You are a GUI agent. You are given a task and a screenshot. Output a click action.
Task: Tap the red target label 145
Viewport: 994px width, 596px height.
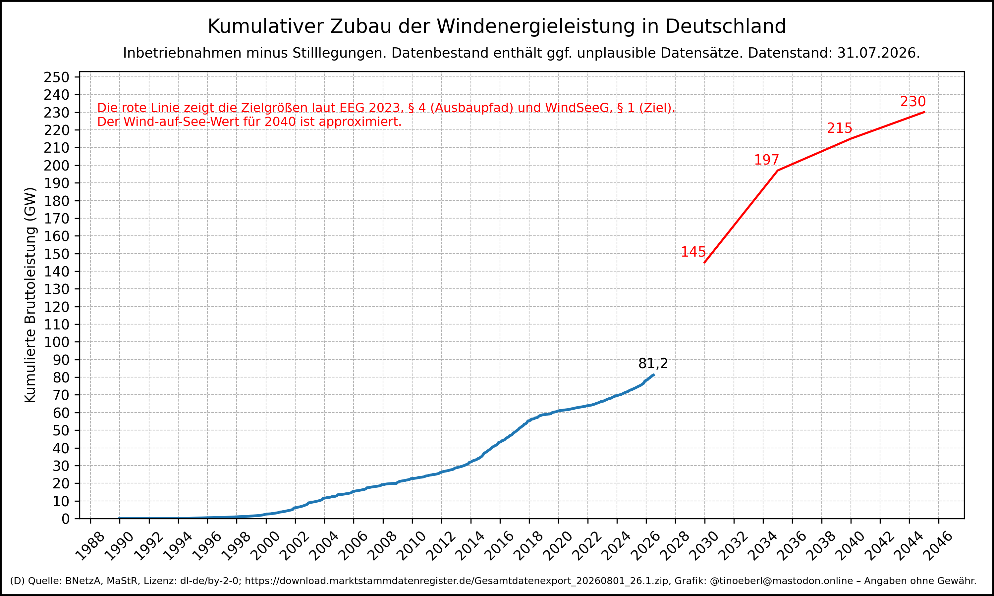coord(693,252)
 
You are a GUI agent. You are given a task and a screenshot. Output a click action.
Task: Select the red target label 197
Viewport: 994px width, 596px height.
coord(766,160)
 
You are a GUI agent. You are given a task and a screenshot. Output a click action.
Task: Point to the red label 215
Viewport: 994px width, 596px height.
coord(839,128)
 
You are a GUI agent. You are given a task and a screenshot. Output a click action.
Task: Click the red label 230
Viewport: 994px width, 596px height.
coord(913,102)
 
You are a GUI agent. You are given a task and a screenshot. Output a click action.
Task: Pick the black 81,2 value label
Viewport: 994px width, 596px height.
coord(653,364)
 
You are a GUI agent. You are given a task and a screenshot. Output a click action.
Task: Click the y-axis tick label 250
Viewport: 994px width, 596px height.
coord(57,77)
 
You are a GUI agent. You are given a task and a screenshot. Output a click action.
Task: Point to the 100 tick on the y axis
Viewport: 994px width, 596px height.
coord(57,342)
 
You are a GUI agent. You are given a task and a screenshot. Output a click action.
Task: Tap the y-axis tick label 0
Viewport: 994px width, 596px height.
coord(66,519)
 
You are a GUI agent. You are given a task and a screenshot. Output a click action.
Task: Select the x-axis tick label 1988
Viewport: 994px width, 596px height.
coord(90,546)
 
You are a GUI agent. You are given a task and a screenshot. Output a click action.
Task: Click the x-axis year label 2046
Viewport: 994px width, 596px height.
coord(938,546)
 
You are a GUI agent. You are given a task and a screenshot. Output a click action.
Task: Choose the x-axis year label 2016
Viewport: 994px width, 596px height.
coord(499,546)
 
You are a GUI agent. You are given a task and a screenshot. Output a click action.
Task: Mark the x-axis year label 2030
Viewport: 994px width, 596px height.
coord(704,546)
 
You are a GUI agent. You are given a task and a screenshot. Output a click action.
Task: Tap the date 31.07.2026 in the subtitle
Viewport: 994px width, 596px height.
coord(878,53)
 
